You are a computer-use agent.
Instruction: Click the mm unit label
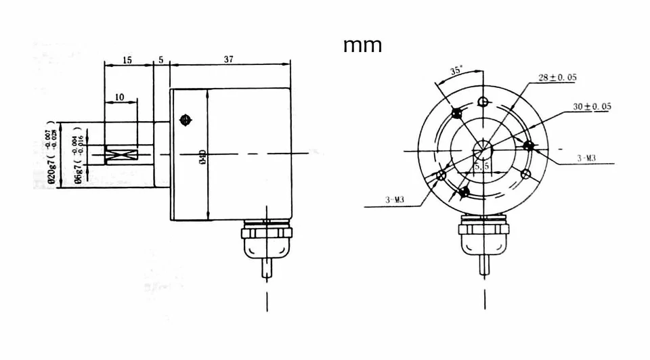click(x=362, y=45)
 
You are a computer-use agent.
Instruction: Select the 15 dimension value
click(x=128, y=60)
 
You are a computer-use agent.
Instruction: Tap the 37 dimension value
click(x=228, y=60)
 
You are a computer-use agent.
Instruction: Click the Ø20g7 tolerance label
click(x=48, y=155)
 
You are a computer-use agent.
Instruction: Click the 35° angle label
click(x=457, y=70)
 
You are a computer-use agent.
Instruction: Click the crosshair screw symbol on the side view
click(x=184, y=120)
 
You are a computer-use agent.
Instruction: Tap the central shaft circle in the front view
click(x=483, y=148)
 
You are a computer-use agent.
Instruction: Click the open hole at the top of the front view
click(x=483, y=102)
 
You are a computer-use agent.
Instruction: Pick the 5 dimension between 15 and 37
click(x=161, y=60)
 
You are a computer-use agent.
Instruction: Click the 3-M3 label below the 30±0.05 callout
click(x=586, y=158)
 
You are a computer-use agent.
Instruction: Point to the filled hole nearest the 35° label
click(x=456, y=112)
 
